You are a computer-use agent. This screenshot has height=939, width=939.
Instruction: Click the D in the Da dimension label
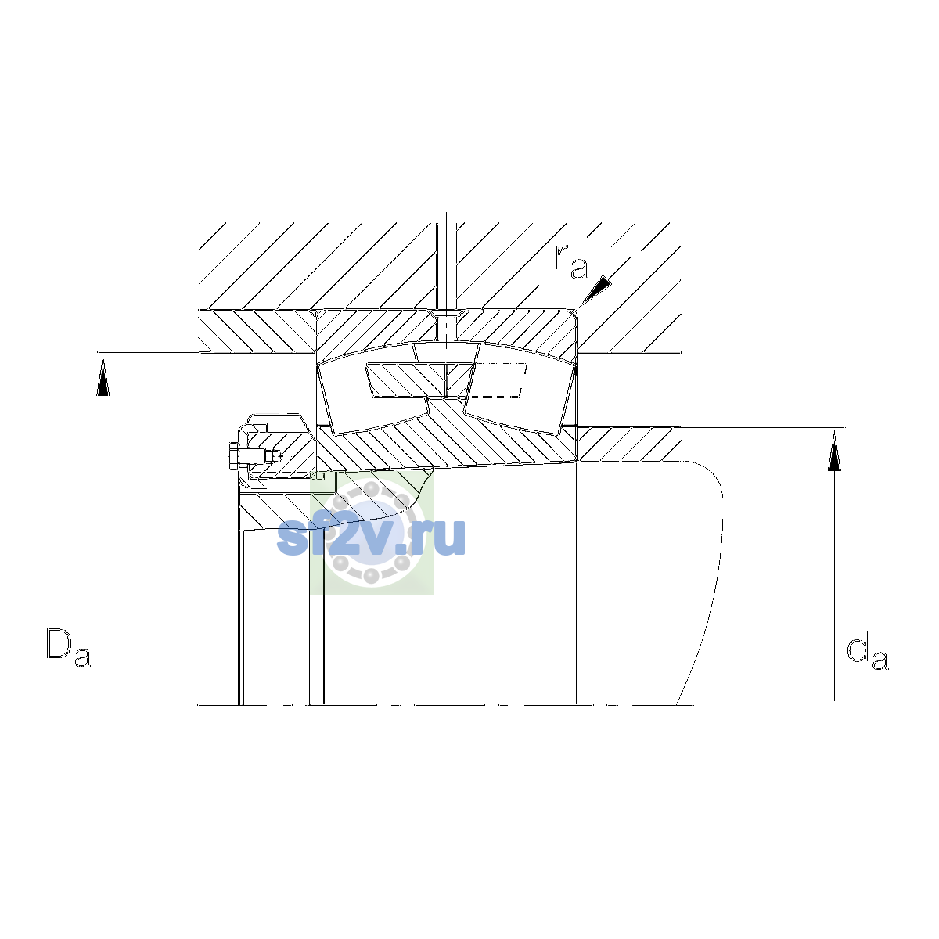(x=59, y=643)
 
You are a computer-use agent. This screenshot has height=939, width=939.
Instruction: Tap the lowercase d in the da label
(x=858, y=649)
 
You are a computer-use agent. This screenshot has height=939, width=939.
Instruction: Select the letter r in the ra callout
(x=561, y=257)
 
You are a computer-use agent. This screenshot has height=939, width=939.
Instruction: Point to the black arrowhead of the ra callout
(x=595, y=290)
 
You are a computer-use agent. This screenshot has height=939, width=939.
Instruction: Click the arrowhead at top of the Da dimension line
(x=103, y=376)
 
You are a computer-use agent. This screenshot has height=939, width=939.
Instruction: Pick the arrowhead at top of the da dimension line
(x=835, y=451)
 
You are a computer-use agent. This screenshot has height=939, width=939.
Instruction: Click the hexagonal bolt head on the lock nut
(x=233, y=456)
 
